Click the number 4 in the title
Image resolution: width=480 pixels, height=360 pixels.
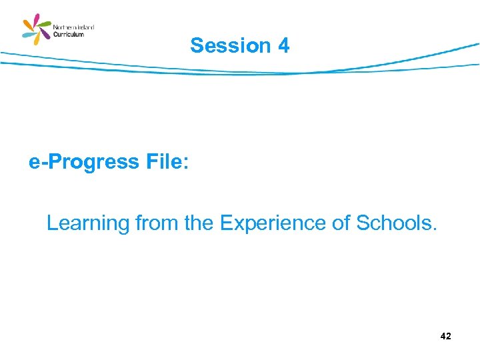coord(284,46)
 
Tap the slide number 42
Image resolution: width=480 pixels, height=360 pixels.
coord(445,337)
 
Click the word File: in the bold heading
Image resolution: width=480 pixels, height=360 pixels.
coord(160,162)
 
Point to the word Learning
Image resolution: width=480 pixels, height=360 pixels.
coord(88,223)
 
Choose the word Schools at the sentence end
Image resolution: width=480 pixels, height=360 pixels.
coord(396,223)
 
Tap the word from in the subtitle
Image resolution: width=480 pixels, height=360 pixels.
coord(157,223)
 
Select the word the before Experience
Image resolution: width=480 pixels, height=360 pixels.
coord(199,223)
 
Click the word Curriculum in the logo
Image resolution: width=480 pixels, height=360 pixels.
coord(69,35)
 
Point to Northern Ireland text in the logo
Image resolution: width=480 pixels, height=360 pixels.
coord(73,27)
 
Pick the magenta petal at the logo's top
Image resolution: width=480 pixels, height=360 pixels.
coord(37,19)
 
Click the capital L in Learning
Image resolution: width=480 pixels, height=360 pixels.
coord(52,223)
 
